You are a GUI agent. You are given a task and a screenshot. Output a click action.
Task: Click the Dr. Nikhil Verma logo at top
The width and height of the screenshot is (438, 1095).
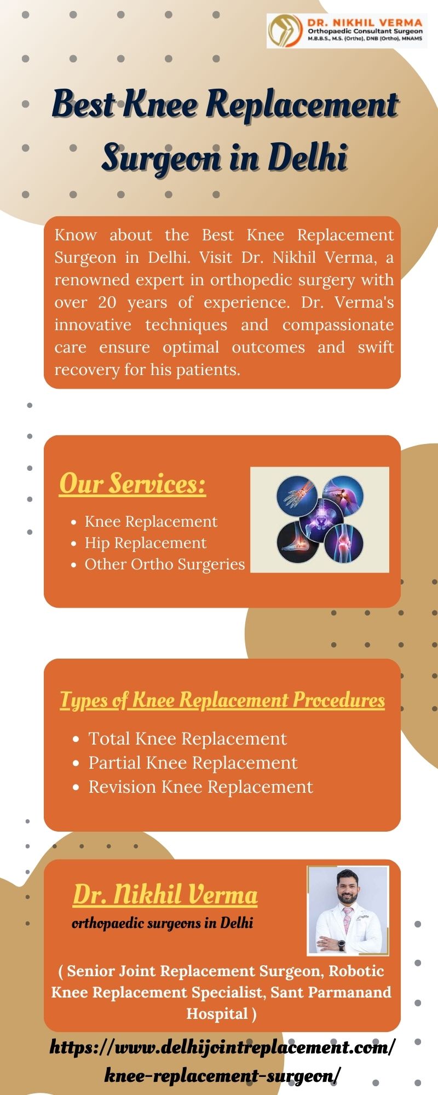[x=347, y=31]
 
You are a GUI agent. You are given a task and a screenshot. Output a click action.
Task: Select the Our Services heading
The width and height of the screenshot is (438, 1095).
[x=132, y=484]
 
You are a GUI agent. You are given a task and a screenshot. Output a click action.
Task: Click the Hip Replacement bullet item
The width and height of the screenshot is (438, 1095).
[x=146, y=543]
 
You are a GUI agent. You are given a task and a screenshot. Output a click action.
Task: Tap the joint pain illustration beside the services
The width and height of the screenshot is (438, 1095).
[x=320, y=520]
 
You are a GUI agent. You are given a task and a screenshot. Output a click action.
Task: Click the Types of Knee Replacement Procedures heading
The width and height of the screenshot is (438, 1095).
[x=222, y=700]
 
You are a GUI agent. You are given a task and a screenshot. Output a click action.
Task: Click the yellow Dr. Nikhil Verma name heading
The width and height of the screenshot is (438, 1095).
[x=165, y=895]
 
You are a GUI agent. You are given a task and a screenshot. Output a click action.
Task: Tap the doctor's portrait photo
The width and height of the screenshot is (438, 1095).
[x=348, y=910]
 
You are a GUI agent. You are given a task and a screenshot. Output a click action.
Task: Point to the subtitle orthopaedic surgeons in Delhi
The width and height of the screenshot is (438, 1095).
[x=163, y=924]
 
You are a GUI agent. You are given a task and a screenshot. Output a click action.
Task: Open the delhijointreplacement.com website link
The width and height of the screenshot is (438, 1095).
[x=222, y=1060]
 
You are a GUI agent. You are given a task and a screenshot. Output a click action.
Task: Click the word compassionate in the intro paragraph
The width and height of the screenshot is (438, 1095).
[x=338, y=325]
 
